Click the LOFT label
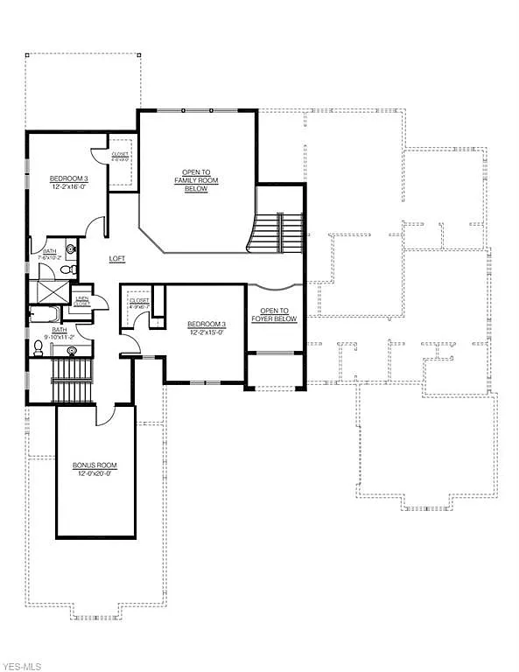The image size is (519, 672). click(116, 259)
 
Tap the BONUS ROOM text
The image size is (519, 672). click(95, 465)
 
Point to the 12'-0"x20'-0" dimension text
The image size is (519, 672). click(95, 474)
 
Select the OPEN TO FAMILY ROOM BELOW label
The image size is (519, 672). click(200, 180)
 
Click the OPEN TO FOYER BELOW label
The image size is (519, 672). click(274, 315)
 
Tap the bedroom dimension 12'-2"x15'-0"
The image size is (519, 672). click(207, 332)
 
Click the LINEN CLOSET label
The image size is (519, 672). click(82, 302)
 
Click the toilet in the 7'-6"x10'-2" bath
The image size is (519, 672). click(71, 249)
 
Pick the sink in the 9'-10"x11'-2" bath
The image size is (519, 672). click(72, 351)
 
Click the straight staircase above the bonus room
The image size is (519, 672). click(72, 381)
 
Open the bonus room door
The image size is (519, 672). click(105, 414)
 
